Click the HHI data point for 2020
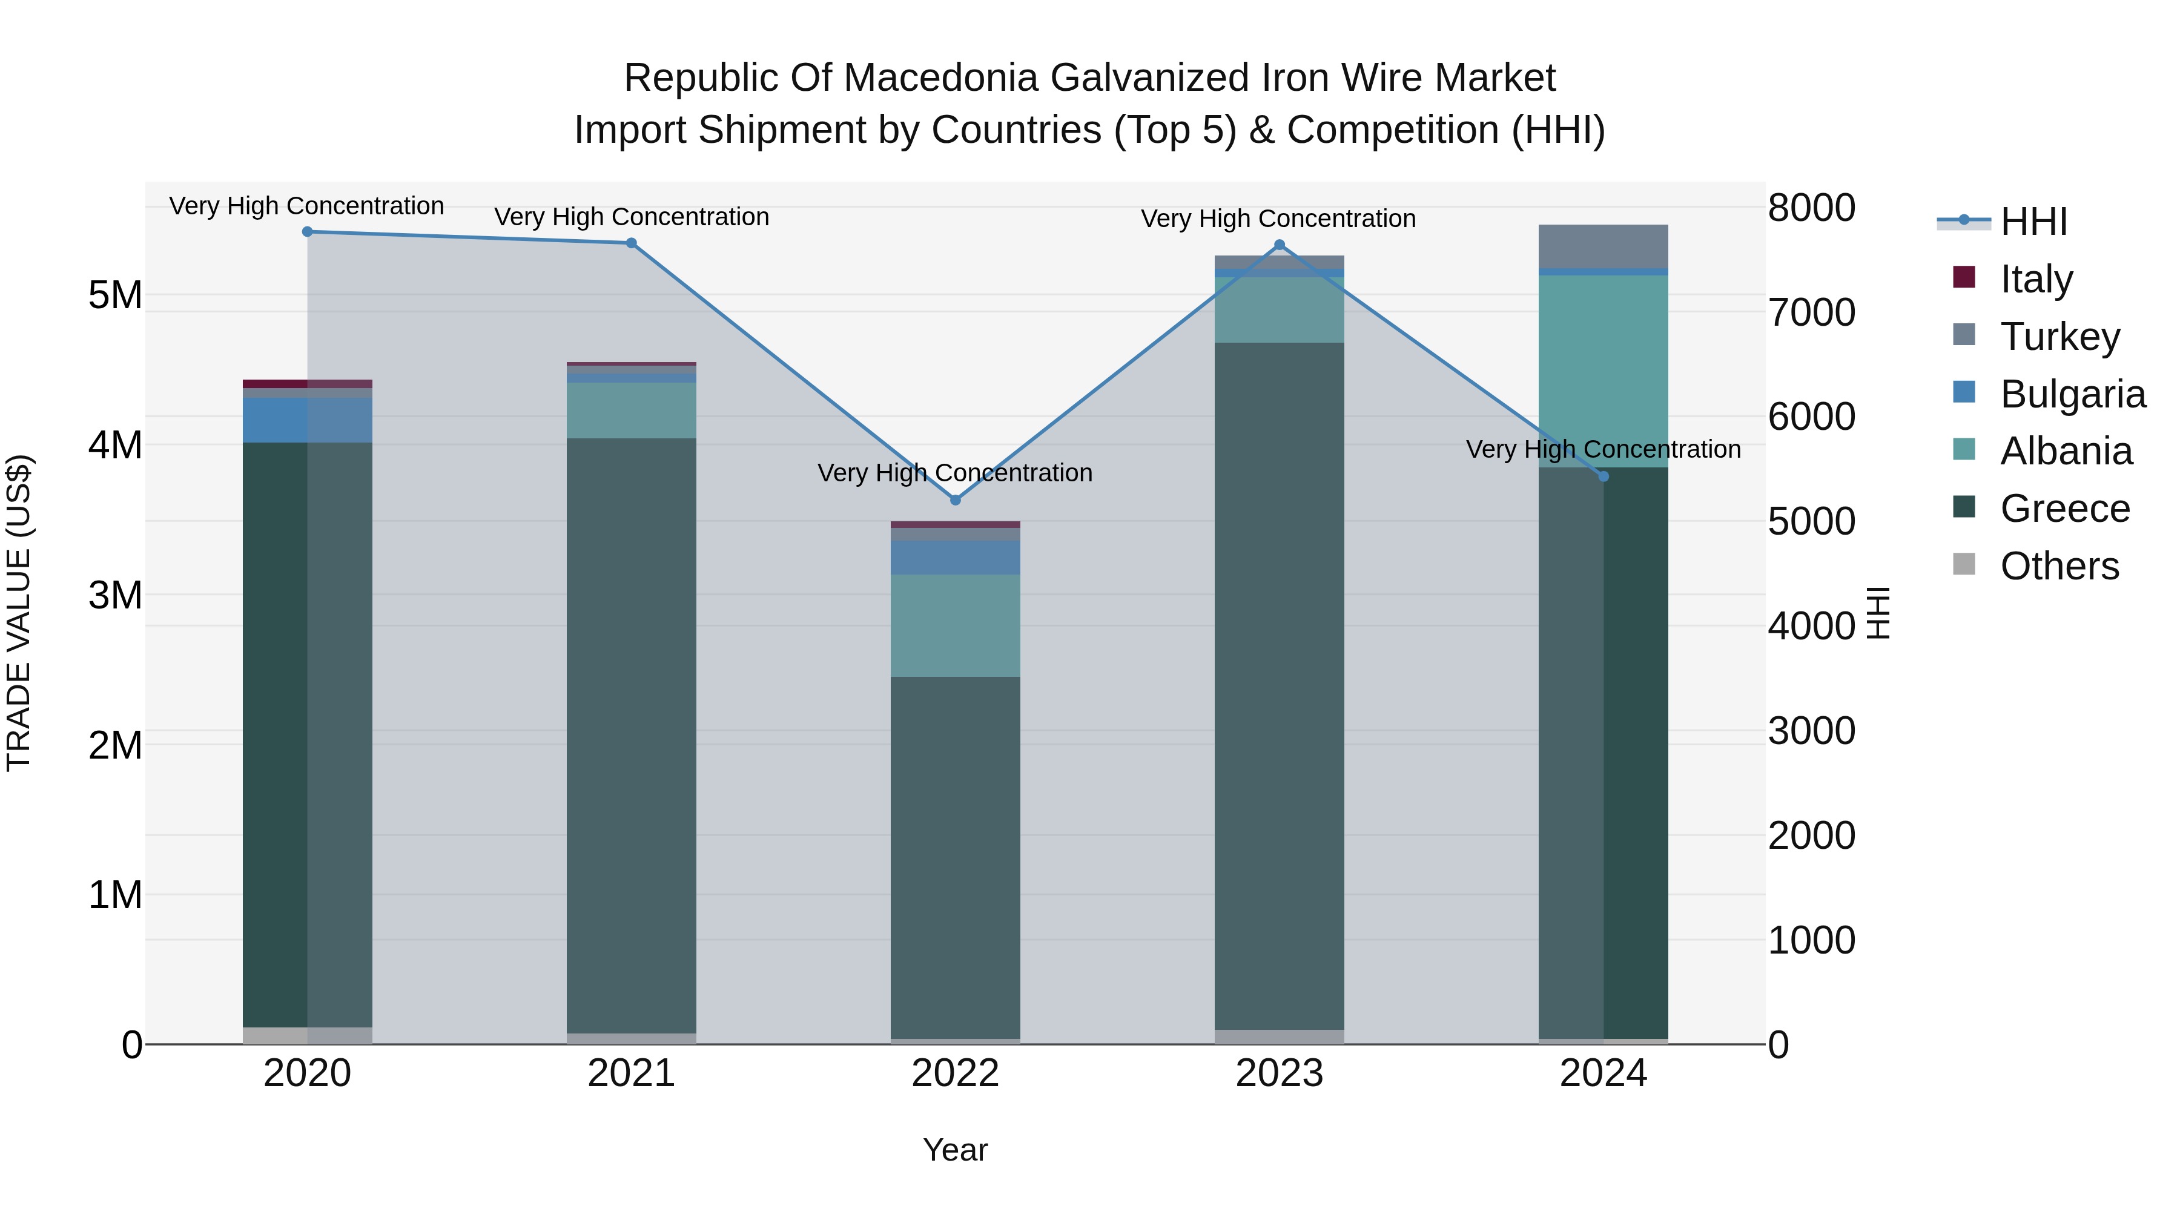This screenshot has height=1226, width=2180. coord(307,232)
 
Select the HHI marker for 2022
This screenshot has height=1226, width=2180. coord(956,500)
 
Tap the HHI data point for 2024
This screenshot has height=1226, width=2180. coord(1603,476)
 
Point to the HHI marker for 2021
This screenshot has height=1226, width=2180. coord(632,243)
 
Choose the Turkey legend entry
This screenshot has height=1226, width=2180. coord(2060,337)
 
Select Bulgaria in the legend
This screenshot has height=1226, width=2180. coord(2073,394)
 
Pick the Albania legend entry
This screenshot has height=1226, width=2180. coord(2066,451)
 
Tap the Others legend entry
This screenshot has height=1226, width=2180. coord(2059,566)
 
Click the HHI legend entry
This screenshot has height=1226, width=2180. coord(2033,222)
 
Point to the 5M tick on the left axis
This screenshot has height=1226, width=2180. coord(115,296)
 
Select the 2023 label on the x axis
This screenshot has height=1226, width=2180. coord(1279,1073)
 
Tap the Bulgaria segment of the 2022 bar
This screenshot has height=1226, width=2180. coord(956,558)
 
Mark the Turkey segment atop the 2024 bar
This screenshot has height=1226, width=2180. coord(1603,246)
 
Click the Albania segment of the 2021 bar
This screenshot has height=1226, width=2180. coord(632,410)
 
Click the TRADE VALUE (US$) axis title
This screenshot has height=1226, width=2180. coord(19,613)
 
